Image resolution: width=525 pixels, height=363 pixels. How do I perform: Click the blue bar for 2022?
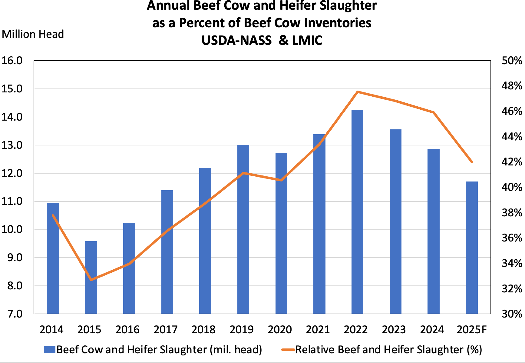coord(357,212)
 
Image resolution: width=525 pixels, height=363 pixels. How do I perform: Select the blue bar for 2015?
coord(91,277)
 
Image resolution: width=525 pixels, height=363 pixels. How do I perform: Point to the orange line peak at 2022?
coord(358,92)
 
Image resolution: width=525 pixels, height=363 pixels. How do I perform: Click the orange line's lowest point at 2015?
coord(91,280)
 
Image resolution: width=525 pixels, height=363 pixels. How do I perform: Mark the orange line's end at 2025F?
coord(471,162)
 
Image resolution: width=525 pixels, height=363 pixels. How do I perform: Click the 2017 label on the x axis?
coord(165,329)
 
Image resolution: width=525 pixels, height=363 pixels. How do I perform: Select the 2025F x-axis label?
coord(471,329)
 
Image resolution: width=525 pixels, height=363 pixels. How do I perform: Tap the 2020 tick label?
coord(279,329)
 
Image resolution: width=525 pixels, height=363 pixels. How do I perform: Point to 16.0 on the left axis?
coord(12,61)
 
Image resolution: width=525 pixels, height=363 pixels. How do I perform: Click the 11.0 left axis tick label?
coord(12,201)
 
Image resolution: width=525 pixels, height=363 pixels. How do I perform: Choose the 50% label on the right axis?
coord(512,61)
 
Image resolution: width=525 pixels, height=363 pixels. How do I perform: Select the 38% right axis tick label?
coord(512,213)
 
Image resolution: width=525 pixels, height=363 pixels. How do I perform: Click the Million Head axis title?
coord(33,34)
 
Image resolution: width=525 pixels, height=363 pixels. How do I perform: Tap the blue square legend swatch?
coord(49,350)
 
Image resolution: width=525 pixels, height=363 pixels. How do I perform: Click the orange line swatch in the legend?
coord(288,350)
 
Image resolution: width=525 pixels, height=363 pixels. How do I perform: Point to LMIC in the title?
coord(307,41)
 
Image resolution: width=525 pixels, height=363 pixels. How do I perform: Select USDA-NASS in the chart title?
coord(236,41)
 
